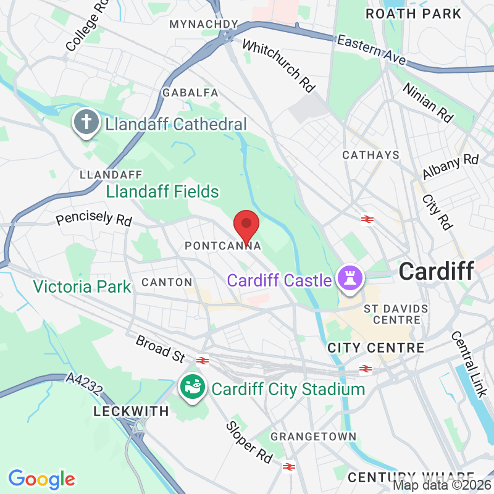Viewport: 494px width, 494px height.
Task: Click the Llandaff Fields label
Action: coord(162,192)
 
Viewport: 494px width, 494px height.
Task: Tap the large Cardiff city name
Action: coord(436,271)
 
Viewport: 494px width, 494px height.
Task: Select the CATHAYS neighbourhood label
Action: coord(371,155)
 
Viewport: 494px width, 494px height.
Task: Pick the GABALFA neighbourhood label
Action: coord(190,93)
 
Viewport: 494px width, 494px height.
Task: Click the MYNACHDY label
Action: coord(203,24)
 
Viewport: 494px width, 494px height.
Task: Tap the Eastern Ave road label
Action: coord(371,50)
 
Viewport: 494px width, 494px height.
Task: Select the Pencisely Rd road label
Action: coord(94,217)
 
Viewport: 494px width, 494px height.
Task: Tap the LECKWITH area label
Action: coord(131,411)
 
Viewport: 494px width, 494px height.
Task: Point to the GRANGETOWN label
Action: coord(314,437)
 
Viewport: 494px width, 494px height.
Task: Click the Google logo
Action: coord(41,479)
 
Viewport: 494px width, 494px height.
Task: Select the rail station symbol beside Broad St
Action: coord(202,361)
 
